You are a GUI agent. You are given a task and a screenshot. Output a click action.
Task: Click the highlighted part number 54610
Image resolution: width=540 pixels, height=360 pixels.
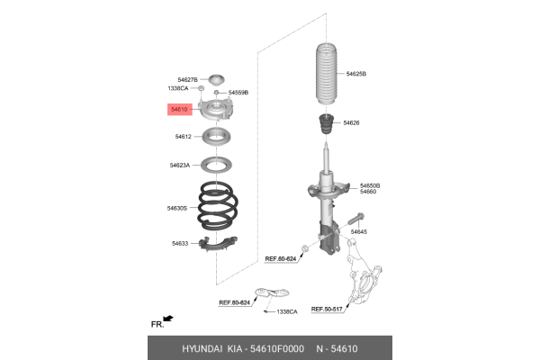pos(180,109)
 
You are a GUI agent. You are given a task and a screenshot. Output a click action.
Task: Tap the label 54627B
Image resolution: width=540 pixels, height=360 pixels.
pos(187,80)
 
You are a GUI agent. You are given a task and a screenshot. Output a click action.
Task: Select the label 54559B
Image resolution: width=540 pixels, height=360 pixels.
pos(238,93)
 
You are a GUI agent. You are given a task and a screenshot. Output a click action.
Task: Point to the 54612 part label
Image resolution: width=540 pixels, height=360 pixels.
pos(184,137)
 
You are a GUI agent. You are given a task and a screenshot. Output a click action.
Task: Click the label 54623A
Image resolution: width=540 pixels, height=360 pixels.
pos(180,166)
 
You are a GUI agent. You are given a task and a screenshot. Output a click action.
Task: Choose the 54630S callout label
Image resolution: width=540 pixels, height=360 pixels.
pos(176,208)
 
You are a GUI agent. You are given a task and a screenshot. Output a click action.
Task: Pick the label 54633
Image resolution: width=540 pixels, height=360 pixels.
pos(181,243)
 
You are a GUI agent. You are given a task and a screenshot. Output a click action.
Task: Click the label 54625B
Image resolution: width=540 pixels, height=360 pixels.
pos(356,73)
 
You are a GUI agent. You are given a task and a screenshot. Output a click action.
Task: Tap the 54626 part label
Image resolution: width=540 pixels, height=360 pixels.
pos(350,121)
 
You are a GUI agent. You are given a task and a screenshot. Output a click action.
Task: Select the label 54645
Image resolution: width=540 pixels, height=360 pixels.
pos(359,232)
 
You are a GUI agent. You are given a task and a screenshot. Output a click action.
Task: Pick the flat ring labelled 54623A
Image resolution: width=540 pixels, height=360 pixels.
pos(215,166)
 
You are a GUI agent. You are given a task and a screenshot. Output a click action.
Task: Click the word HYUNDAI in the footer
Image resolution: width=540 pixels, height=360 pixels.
pos(202,347)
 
